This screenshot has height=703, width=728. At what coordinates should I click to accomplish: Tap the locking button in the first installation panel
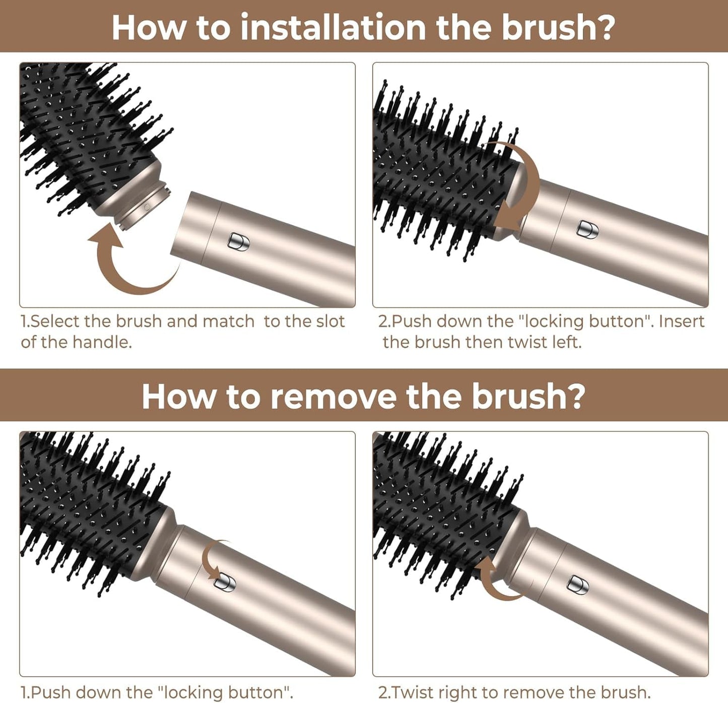pyautogui.click(x=239, y=241)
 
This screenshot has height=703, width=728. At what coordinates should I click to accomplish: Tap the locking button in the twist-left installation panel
pyautogui.click(x=587, y=229)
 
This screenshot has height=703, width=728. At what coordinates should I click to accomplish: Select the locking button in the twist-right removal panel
pyautogui.click(x=578, y=584)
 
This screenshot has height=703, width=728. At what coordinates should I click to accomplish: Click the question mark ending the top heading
pyautogui.click(x=607, y=27)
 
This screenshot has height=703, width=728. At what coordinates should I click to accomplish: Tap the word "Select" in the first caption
pyautogui.click(x=55, y=322)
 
